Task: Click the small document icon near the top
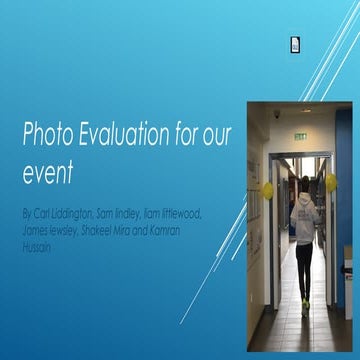click(x=295, y=44)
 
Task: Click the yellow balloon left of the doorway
click(x=267, y=189)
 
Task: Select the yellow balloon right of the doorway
click(x=331, y=182)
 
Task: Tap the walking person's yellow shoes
click(x=304, y=307)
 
